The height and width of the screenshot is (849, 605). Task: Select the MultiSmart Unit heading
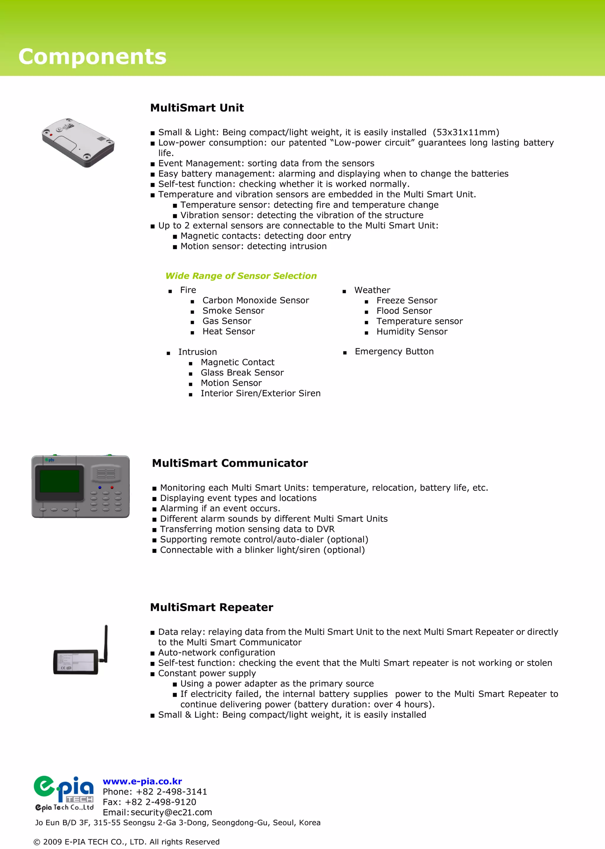coord(197,108)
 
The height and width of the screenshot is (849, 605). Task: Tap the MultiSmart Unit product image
coord(78,142)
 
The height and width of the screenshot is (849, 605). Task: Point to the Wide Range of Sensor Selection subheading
coord(241,276)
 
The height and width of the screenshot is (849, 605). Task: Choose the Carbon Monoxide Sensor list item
coord(256,300)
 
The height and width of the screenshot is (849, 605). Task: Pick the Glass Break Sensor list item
coord(242,373)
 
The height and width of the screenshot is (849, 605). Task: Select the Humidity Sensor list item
coord(412,332)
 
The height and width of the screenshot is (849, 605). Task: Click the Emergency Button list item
coord(394,351)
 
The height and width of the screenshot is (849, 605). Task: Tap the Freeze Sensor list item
coord(407,300)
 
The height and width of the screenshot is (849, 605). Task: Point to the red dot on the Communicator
coord(112,487)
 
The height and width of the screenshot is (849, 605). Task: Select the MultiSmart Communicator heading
coord(230,463)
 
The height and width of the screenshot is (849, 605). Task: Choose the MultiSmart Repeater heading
coord(212,607)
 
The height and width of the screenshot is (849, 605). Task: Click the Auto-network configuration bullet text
coord(217,653)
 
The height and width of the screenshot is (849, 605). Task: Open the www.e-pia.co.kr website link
coord(142,781)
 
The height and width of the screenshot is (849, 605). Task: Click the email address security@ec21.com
coord(171,812)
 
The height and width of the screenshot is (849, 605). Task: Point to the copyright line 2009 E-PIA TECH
coord(127,842)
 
